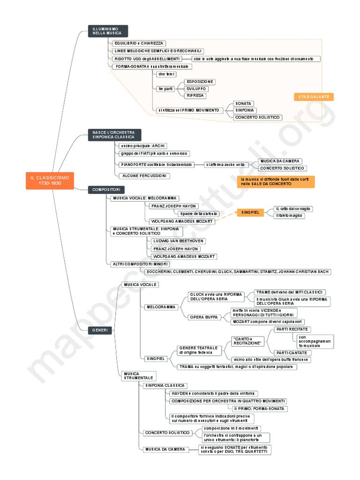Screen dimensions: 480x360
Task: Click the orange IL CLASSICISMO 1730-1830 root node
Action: [x=50, y=181]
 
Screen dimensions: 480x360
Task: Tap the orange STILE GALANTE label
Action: [x=314, y=97]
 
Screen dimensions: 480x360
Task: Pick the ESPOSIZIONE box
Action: [x=200, y=82]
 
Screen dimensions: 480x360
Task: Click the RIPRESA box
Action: [x=195, y=96]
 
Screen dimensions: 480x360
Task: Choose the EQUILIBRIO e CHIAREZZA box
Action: [x=134, y=44]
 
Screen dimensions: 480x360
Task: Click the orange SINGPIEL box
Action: [x=250, y=212]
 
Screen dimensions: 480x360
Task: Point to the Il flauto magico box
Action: [x=290, y=216]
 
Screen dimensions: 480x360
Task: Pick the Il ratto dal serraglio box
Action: [x=293, y=209]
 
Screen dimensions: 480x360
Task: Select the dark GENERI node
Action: [x=100, y=330]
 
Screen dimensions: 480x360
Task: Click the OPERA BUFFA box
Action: [x=203, y=317]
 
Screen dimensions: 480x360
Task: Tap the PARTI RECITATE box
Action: [x=292, y=330]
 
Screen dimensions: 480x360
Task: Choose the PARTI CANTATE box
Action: [x=291, y=352]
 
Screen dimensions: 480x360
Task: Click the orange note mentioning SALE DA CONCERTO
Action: [x=276, y=182]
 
